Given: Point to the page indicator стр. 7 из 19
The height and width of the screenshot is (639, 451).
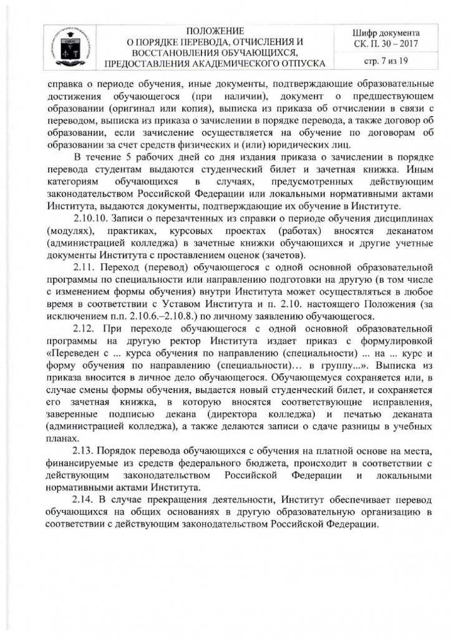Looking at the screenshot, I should pos(386,61).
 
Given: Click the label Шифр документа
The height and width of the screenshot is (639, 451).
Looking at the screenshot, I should pos(386,32).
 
